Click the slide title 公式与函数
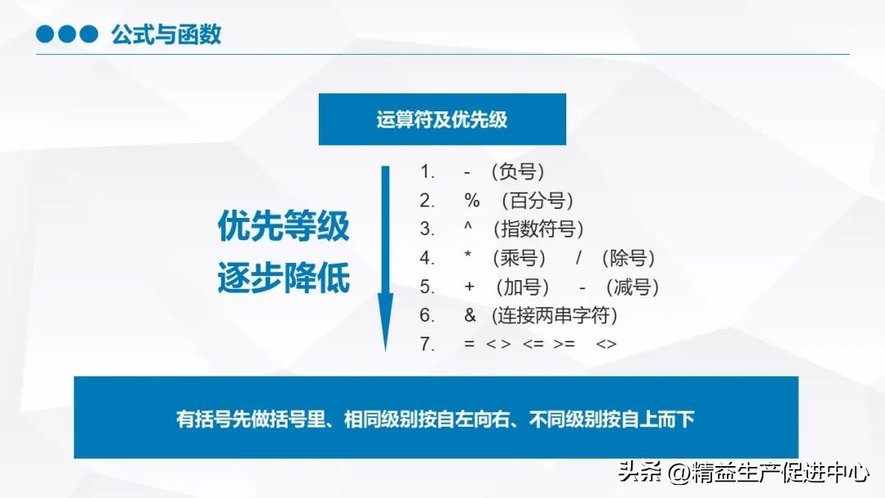(x=166, y=35)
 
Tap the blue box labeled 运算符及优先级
(x=442, y=120)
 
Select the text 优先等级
(x=284, y=226)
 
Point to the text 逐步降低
(x=284, y=278)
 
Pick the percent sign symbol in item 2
(x=471, y=201)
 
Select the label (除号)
(x=628, y=259)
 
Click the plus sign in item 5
(x=470, y=287)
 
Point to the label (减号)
(x=632, y=287)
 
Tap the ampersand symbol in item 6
(x=470, y=315)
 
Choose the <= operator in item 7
(x=533, y=344)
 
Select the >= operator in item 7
(x=565, y=344)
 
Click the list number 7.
(x=426, y=344)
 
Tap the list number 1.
(x=426, y=172)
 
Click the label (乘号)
(x=520, y=259)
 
